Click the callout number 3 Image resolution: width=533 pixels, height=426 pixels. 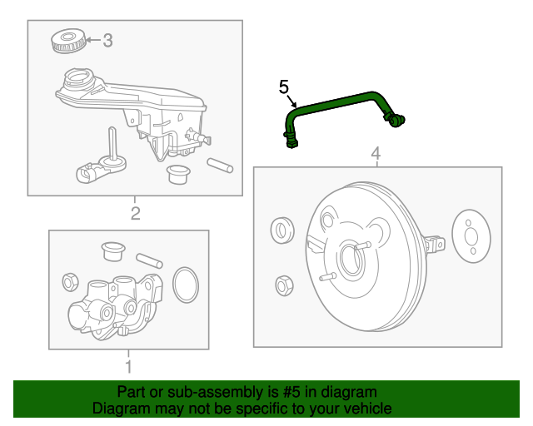[x=107, y=40]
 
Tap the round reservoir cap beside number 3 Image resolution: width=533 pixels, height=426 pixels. [x=67, y=41]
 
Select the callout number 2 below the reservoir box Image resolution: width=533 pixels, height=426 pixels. [x=136, y=214]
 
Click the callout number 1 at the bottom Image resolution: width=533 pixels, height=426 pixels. [x=128, y=366]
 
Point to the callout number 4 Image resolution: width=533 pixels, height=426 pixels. [x=376, y=153]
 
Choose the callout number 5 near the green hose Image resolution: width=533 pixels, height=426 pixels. [x=283, y=87]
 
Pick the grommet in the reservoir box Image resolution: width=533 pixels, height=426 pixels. [x=177, y=174]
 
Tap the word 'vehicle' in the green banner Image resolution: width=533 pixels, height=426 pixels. [x=362, y=409]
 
